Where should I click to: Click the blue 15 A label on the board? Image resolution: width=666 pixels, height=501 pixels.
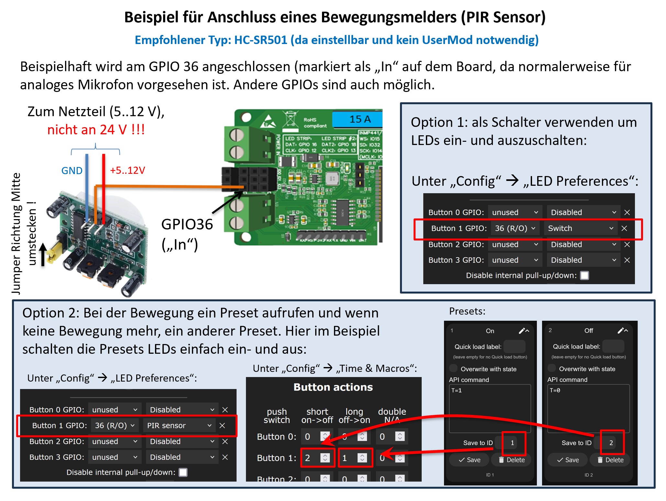coord(360,119)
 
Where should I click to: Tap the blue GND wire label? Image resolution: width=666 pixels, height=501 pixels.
coord(72,171)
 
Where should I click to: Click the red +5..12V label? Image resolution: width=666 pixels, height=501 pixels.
coord(128,170)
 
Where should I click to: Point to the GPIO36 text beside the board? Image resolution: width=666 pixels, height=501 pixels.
coord(187,224)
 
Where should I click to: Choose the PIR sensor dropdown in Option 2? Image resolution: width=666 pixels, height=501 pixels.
coord(179,425)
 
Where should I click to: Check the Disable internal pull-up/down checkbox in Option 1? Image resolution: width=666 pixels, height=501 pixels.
coord(584,275)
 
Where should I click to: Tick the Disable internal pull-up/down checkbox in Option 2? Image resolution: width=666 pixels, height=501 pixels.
coord(183,472)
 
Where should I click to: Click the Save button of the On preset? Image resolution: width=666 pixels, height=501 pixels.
coord(470,460)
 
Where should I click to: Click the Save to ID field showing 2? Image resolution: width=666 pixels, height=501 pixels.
coord(611,443)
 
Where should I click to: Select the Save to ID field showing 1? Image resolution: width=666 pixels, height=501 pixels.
coord(512,443)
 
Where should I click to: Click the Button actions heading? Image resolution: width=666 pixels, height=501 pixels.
coord(333,387)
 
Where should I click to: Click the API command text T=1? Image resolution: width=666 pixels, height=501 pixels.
coord(457,390)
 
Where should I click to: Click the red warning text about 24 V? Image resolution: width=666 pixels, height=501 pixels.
coord(96,130)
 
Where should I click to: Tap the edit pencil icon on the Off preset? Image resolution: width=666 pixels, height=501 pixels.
coord(620,330)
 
